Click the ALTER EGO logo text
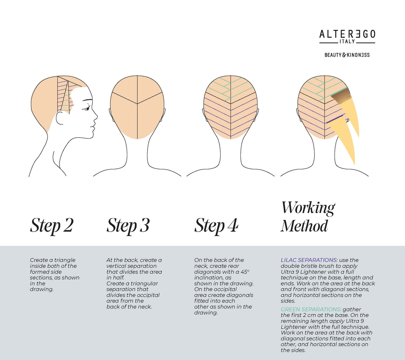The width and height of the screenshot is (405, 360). coord(347,34)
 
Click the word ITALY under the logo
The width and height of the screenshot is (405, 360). coord(347,41)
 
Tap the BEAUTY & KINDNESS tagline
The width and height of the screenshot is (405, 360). coord(347,55)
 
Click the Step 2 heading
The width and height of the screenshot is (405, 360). coord(52,226)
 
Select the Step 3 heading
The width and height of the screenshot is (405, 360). coord(128,226)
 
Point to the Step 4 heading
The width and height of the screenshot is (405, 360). coord(216,226)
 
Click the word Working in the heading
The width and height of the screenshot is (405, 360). coord(308,208)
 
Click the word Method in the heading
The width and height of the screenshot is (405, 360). coord(304,226)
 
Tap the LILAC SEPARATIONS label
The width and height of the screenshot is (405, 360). coord(309,260)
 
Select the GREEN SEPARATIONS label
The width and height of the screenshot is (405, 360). coord(311,309)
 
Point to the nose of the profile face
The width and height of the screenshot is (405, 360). coord(95,115)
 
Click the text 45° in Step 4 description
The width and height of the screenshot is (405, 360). coord(245,272)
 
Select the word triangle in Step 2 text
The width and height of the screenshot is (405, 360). coord(65,260)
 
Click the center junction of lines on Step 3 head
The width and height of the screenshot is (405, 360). coord(137,104)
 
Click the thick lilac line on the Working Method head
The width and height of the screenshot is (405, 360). coord(335,119)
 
